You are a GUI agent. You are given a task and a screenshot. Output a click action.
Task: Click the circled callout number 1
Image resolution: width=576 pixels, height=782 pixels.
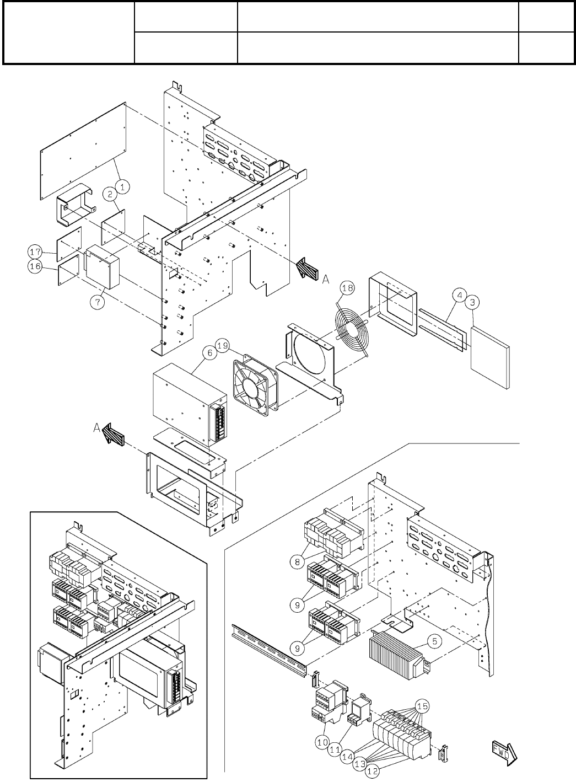tap(123, 187)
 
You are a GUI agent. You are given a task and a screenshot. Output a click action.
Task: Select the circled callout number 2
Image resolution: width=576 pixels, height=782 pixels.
tap(111, 193)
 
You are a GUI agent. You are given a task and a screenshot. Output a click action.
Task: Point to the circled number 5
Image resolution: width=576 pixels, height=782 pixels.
tap(435, 641)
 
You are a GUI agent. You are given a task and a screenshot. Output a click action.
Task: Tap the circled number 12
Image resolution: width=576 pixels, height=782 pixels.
tap(373, 771)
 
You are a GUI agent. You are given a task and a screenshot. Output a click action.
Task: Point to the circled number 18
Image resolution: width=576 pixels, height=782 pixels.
tap(348, 287)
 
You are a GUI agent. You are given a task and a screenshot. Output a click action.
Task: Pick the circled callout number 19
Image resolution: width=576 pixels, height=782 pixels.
tap(223, 346)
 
